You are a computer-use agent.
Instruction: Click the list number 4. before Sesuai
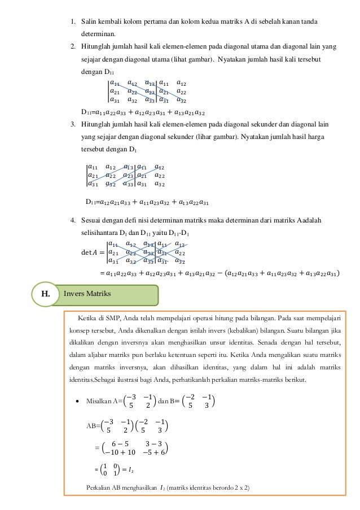72,219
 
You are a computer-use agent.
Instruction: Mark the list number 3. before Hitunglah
72,124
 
